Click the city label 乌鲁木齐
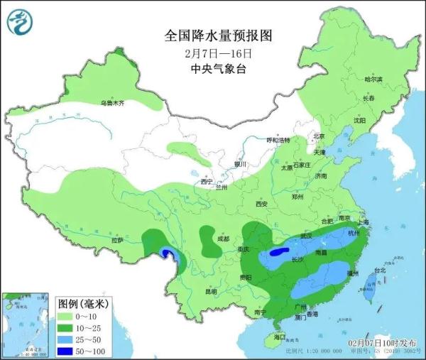tap(111, 103)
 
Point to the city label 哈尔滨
tap(373, 79)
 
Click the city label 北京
tap(319, 136)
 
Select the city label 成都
tap(223, 239)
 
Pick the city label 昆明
tap(210, 291)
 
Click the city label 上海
tap(364, 222)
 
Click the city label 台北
tap(379, 271)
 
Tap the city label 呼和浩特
tap(278, 141)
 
